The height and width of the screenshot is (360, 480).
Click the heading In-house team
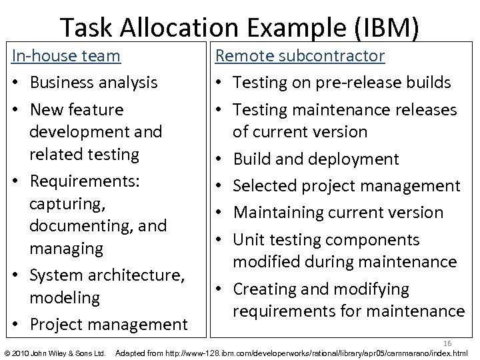click(x=67, y=55)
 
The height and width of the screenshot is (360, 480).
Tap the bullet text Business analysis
click(x=93, y=83)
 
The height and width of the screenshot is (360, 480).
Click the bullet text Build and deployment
click(x=316, y=159)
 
